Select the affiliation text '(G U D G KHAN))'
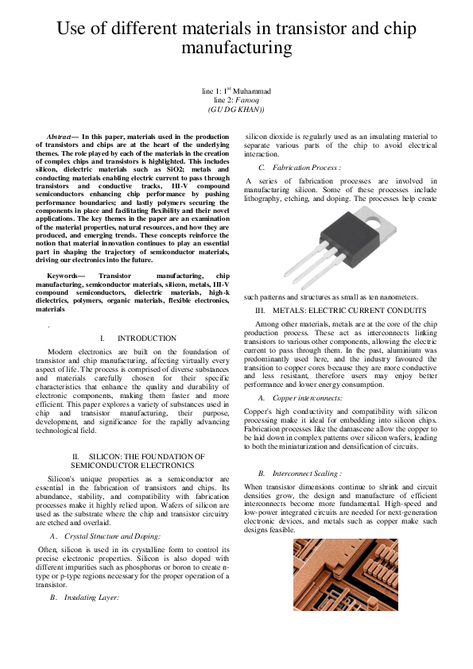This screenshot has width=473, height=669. pos(237,109)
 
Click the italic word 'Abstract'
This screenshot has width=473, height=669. pos(63,137)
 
